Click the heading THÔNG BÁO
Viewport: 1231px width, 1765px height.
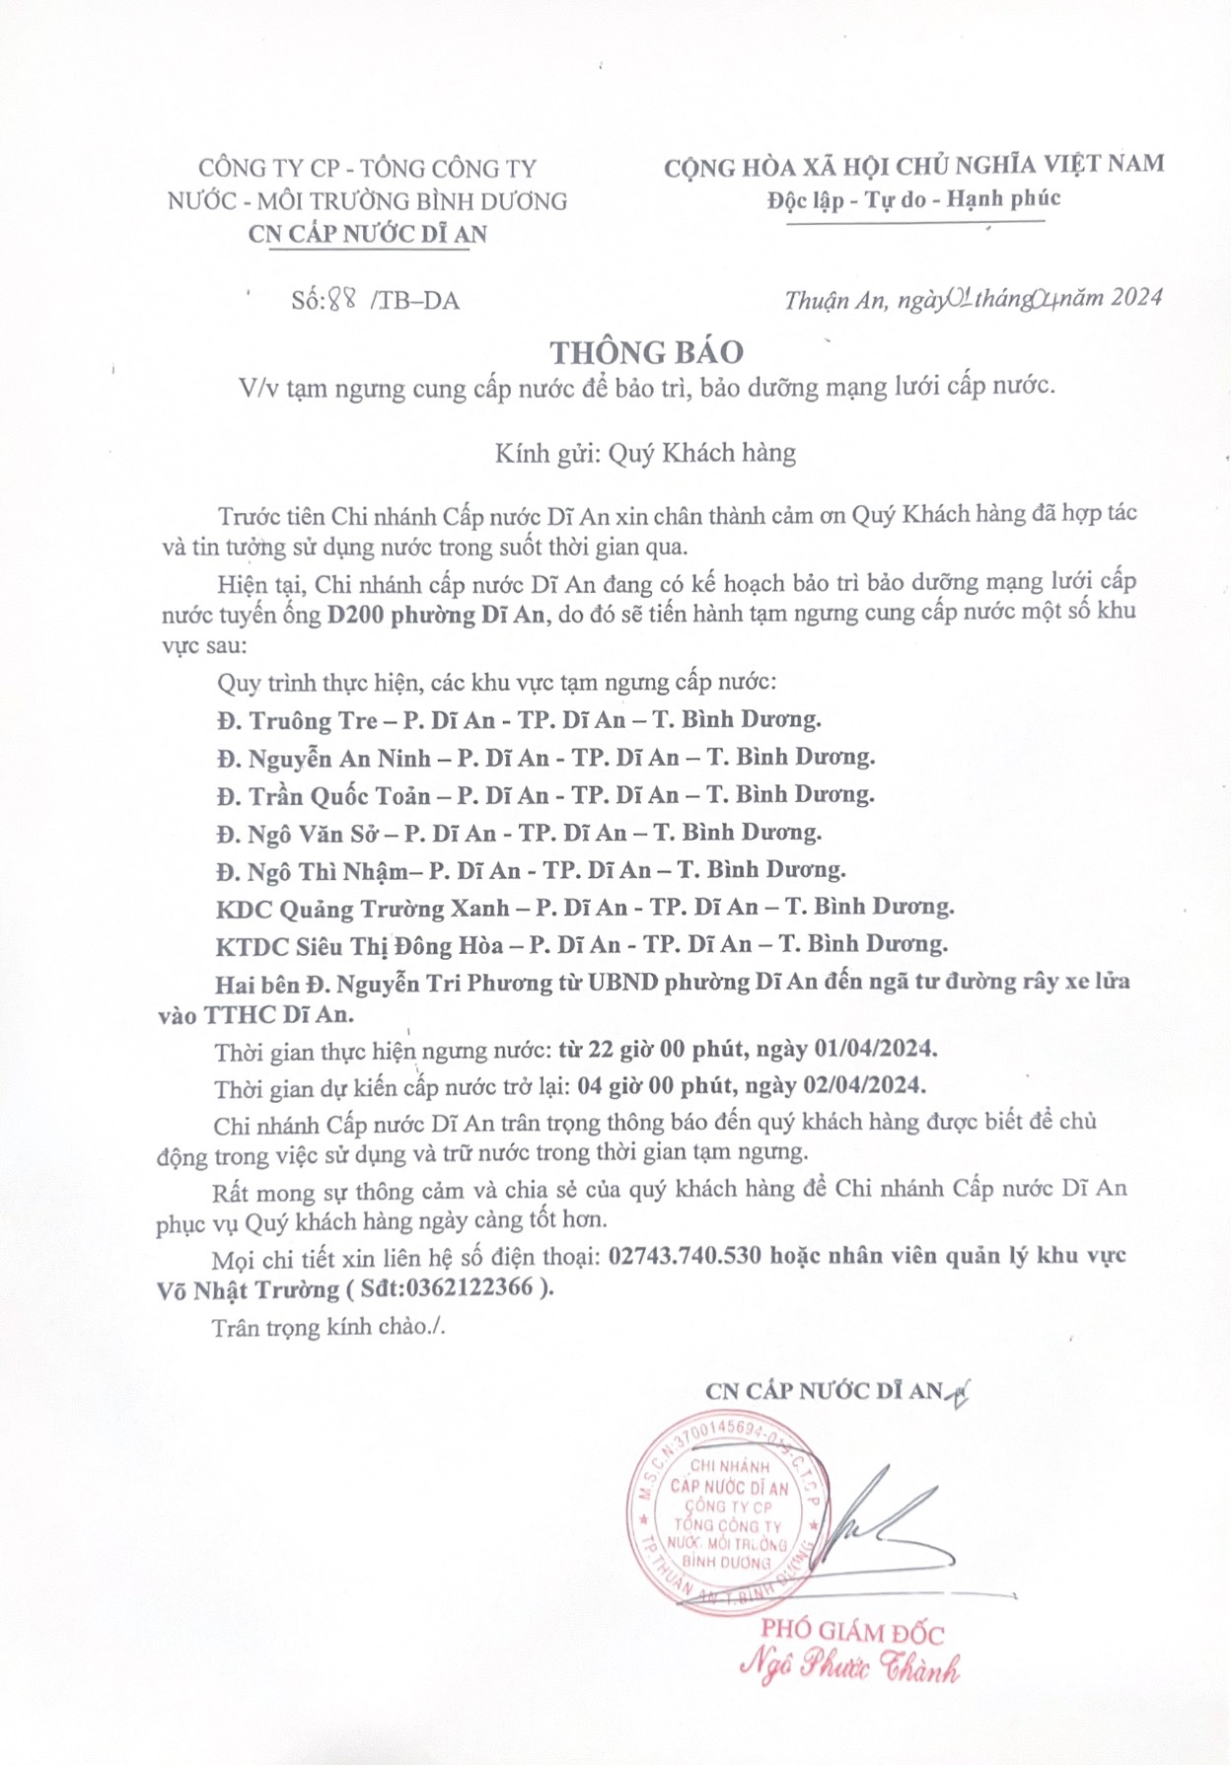(x=646, y=352)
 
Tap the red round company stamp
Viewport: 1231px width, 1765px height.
(x=727, y=1514)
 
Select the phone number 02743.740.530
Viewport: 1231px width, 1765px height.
(x=686, y=1256)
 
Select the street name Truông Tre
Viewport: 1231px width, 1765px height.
(x=313, y=720)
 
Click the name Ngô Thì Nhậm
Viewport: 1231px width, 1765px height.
(x=326, y=871)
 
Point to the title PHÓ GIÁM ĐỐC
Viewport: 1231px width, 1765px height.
(x=852, y=1633)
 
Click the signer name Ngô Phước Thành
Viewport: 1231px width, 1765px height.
(x=849, y=1667)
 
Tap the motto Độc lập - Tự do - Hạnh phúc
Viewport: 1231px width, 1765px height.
(x=913, y=199)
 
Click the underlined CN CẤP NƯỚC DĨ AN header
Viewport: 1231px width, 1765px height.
(x=367, y=234)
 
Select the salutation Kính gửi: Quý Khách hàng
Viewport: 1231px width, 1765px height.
(x=645, y=453)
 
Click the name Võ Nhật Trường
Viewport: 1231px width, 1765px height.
(x=248, y=1290)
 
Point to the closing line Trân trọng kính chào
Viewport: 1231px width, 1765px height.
(x=327, y=1327)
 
